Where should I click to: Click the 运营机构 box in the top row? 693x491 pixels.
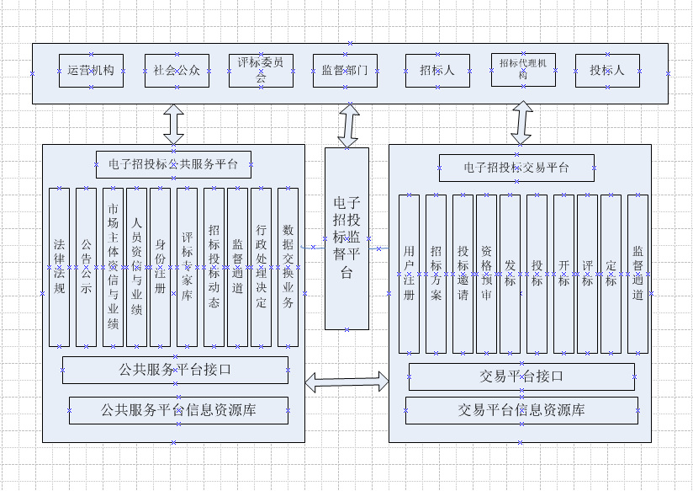pos(92,71)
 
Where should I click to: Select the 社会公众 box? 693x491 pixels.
pos(177,71)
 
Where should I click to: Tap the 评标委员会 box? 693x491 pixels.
pos(261,71)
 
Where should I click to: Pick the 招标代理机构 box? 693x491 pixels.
pos(523,70)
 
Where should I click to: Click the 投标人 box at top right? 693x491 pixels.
pos(607,71)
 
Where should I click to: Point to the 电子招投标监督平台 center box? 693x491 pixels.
pos(346,238)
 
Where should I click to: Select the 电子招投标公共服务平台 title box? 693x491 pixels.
pos(173,164)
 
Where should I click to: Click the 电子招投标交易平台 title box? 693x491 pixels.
pos(516,168)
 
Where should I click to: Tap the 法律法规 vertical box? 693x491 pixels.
pos(59,267)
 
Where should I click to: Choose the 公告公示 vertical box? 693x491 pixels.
pos(86,267)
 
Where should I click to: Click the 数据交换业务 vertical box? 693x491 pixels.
pos(288,267)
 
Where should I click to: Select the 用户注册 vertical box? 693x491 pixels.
pos(409,274)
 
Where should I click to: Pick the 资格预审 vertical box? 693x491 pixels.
pos(486,274)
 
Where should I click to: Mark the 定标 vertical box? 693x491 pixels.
pos(611,274)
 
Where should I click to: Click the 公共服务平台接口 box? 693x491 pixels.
pos(175,370)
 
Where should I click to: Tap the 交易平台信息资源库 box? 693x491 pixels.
pos(521,410)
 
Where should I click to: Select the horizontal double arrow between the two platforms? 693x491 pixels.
pos(346,382)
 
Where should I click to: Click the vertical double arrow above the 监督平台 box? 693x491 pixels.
pos(347,125)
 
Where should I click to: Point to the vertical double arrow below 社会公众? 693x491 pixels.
pos(174,124)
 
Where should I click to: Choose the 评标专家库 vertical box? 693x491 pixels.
pos(187,267)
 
